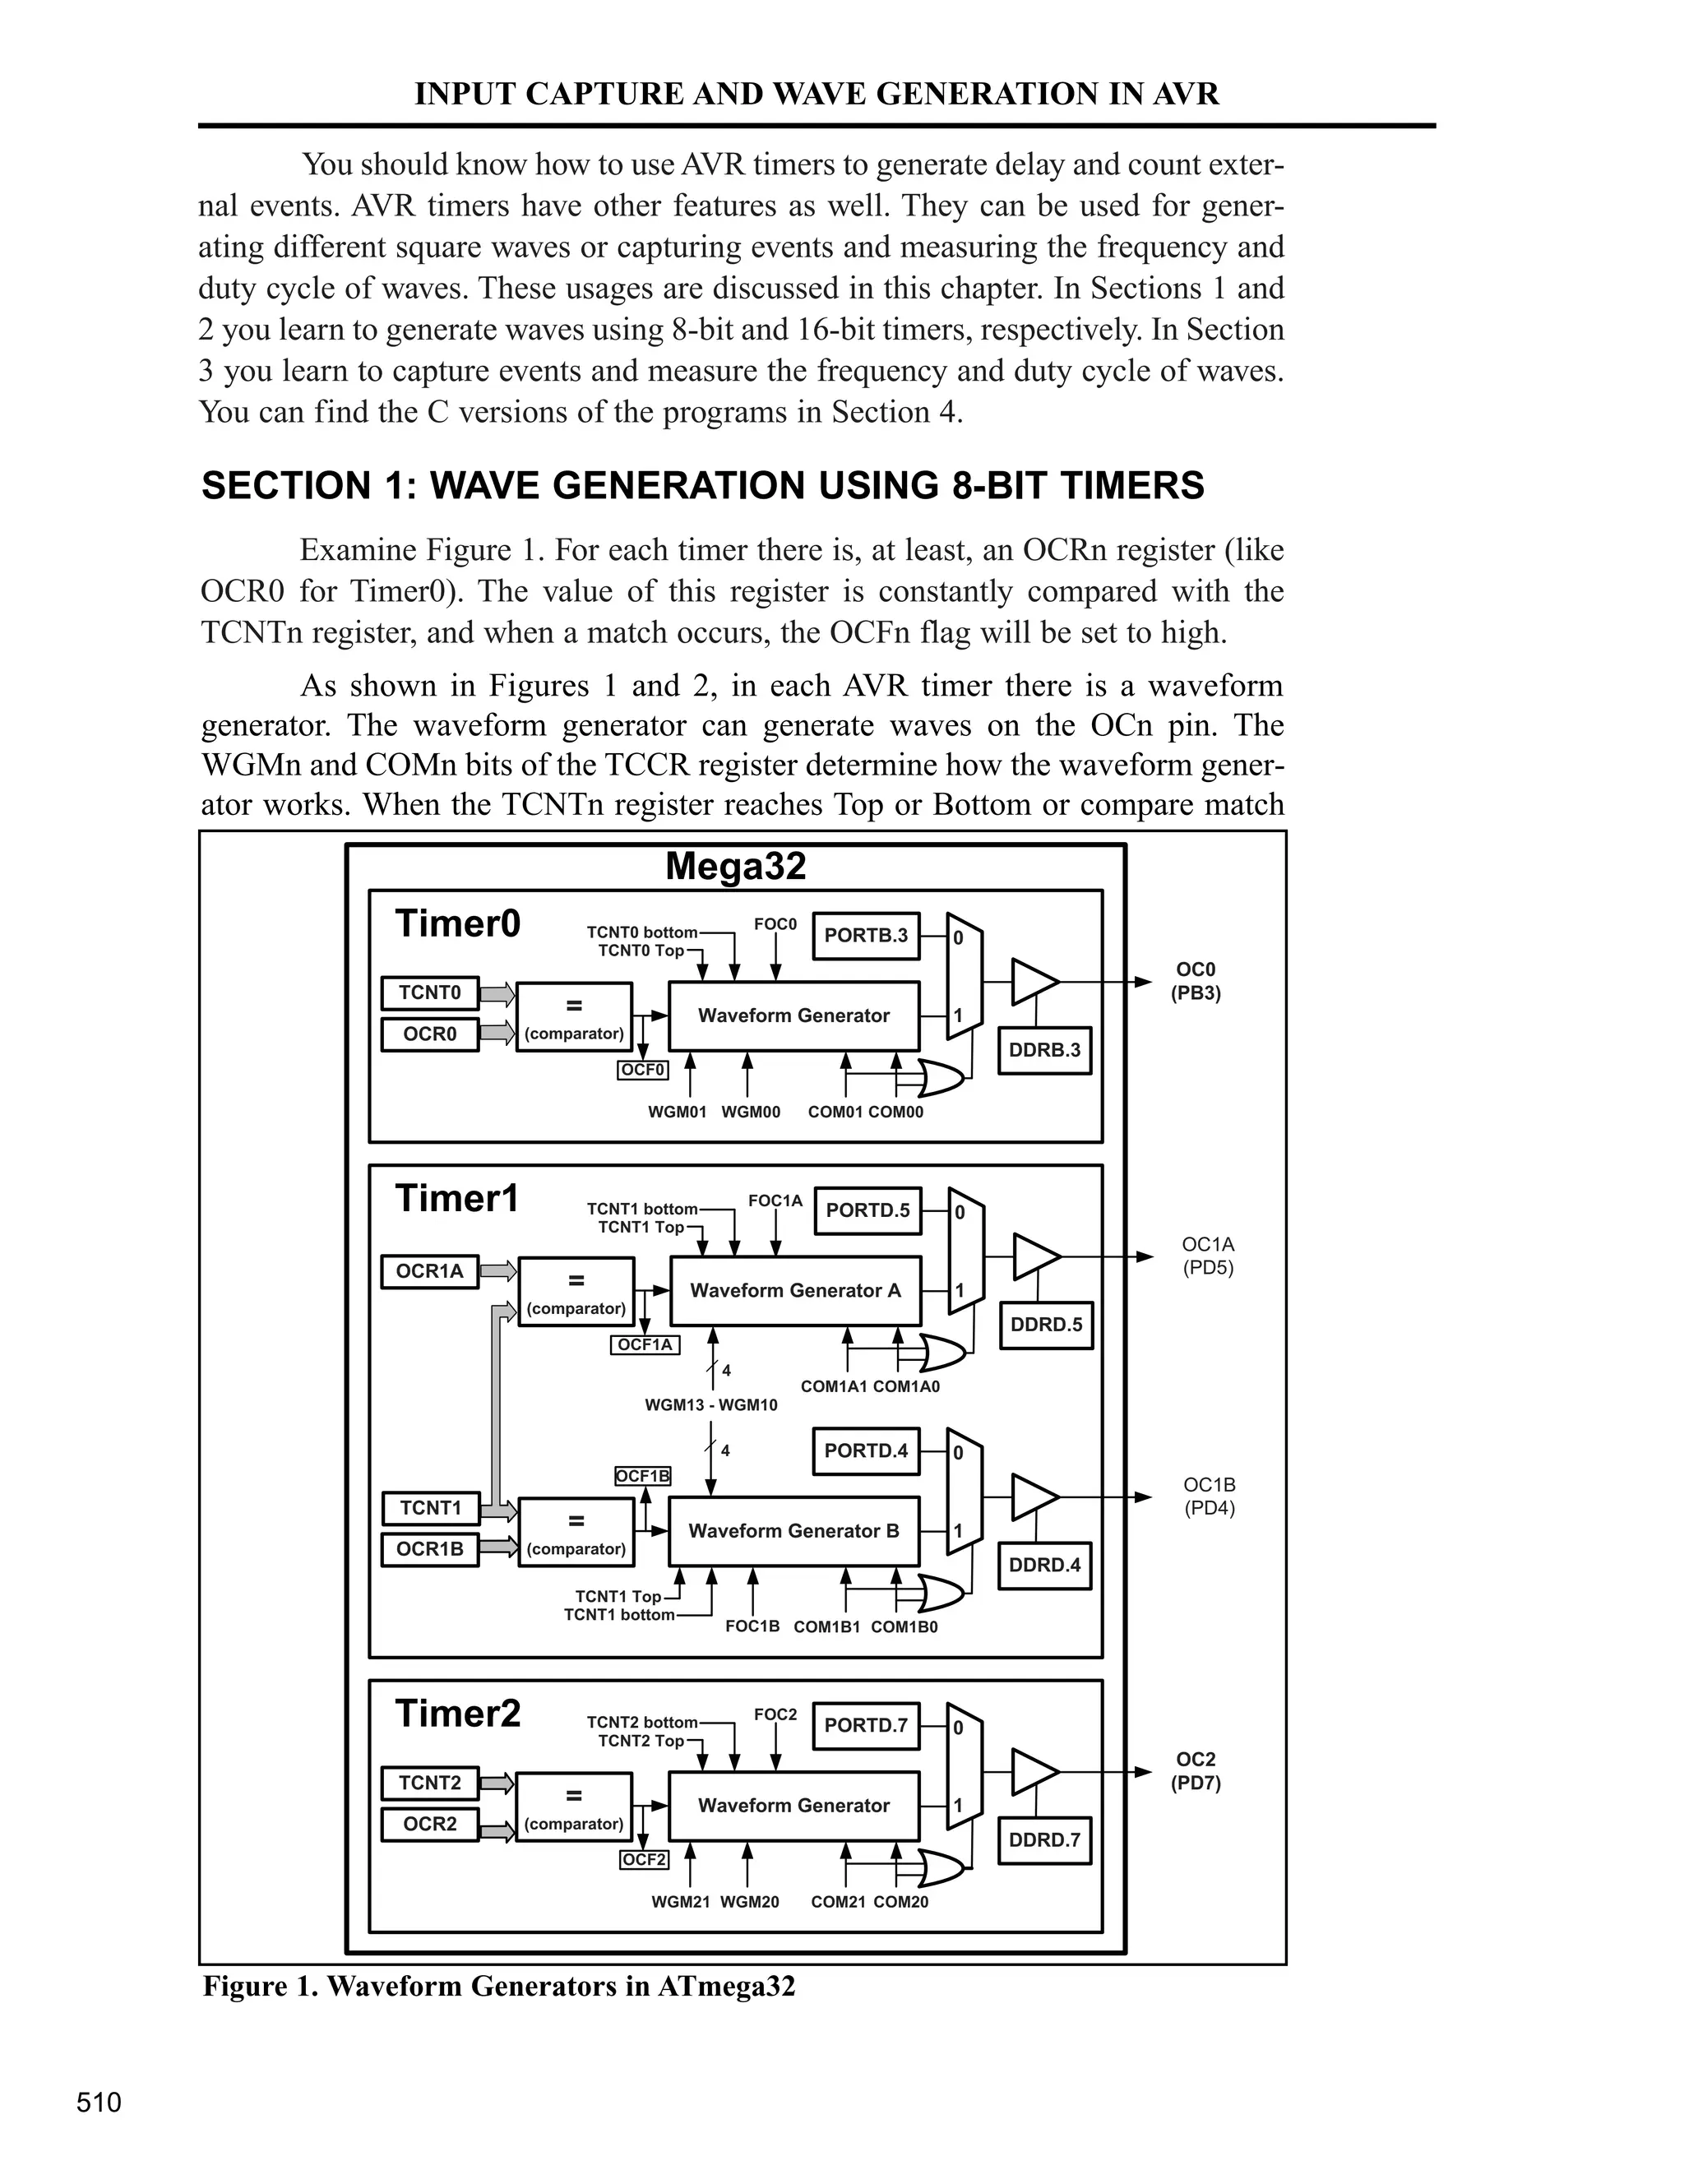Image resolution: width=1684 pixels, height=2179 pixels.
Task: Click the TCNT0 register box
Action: point(430,992)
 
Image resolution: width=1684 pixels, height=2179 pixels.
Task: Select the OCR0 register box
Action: point(430,1034)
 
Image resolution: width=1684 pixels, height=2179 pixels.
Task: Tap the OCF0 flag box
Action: point(642,1071)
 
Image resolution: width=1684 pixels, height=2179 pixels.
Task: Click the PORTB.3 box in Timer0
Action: point(866,936)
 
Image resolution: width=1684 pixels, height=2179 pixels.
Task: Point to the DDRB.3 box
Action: point(1044,1049)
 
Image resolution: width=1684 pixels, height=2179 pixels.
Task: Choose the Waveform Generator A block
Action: point(795,1290)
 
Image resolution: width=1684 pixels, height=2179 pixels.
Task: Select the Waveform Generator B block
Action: point(794,1530)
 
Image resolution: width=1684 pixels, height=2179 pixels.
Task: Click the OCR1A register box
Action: point(430,1271)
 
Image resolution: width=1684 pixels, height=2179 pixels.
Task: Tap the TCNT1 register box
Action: point(431,1507)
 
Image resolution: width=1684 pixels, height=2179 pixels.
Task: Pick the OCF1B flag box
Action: point(642,1476)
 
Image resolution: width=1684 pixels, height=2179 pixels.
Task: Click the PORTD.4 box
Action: point(866,1450)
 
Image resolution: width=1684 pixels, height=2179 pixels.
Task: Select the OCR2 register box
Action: point(430,1824)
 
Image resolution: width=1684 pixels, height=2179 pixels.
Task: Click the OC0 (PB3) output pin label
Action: point(1195,982)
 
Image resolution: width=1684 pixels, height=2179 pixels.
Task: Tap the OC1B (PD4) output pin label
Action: point(1209,1496)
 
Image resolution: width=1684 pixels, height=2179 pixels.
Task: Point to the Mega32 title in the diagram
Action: point(735,866)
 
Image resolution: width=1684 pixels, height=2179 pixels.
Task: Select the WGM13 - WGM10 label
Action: point(711,1404)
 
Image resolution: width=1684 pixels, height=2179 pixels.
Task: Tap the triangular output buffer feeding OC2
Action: point(1034,1772)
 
